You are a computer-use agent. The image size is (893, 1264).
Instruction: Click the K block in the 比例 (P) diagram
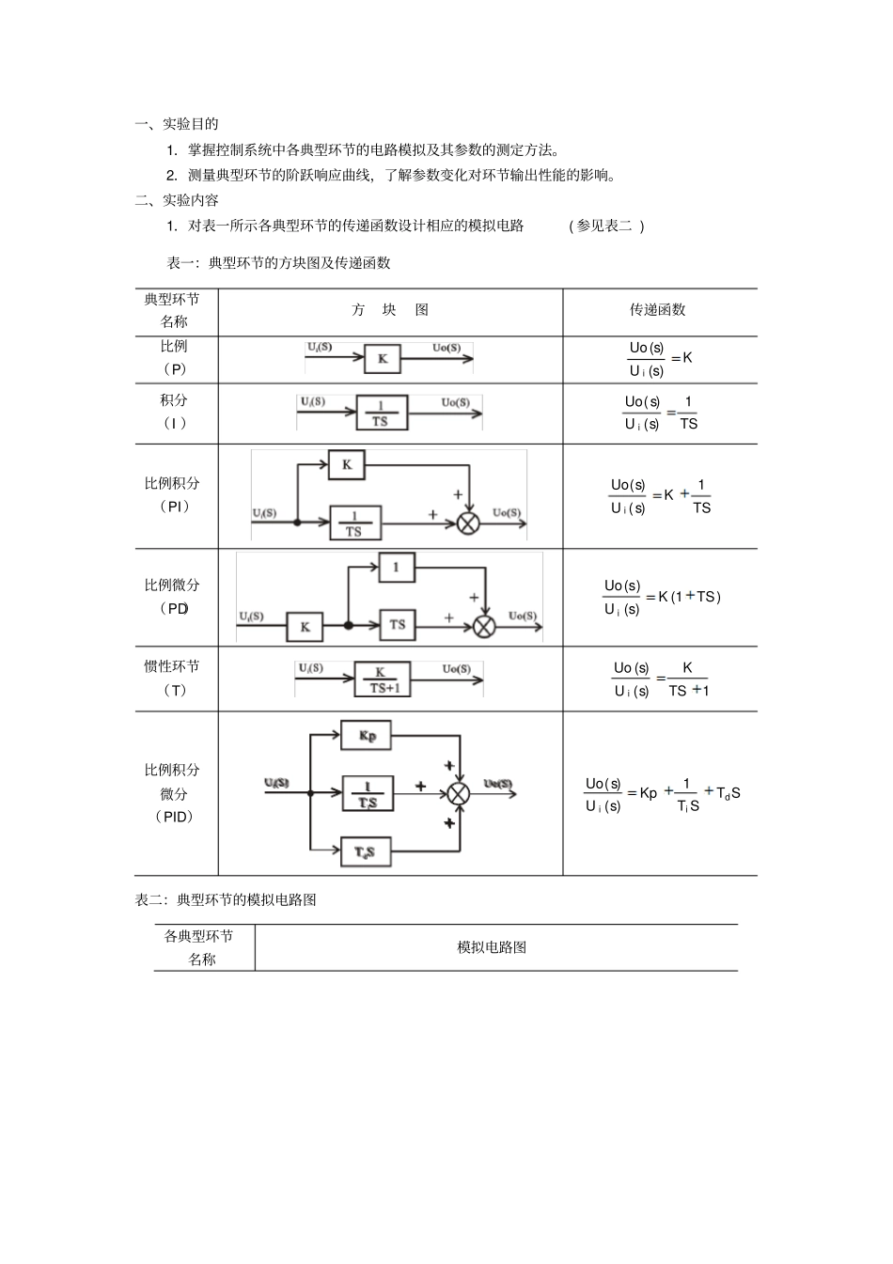[x=383, y=358]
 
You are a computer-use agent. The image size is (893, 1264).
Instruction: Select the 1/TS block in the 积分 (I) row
[x=381, y=414]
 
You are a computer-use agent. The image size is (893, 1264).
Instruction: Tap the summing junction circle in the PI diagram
[x=468, y=523]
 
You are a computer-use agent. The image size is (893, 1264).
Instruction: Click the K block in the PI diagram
[x=347, y=464]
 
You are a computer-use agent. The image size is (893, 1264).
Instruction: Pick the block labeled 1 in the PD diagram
[x=397, y=567]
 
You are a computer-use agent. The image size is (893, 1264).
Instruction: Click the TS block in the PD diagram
[x=398, y=625]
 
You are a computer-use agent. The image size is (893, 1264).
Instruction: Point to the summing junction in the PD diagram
[x=484, y=626]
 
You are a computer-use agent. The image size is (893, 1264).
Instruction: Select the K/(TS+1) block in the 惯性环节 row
[x=382, y=679]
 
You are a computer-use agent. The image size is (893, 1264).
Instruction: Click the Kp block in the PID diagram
[x=366, y=736]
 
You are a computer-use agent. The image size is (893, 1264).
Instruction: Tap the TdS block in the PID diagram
[x=365, y=852]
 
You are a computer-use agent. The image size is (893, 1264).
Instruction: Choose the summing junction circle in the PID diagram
[x=458, y=793]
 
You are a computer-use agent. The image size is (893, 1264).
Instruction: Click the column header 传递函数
[x=658, y=310]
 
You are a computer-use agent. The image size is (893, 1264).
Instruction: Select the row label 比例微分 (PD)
[x=173, y=596]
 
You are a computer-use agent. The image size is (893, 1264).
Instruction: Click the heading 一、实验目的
[x=177, y=124]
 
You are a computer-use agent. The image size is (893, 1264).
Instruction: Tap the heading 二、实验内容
[x=177, y=200]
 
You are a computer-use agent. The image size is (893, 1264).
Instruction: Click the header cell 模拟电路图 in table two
[x=492, y=947]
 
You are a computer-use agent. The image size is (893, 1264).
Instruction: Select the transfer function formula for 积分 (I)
[x=661, y=413]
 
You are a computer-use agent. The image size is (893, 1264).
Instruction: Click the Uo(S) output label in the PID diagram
[x=498, y=784]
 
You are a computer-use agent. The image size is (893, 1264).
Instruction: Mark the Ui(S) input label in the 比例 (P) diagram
[x=320, y=348]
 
